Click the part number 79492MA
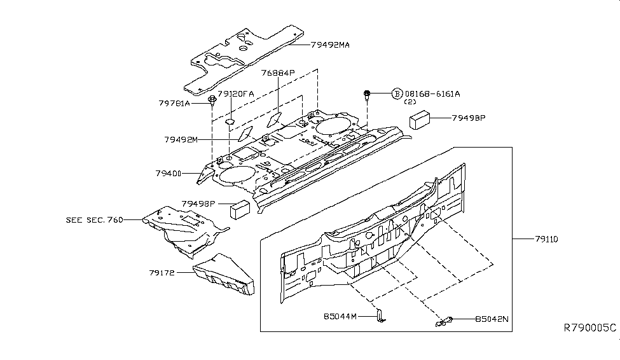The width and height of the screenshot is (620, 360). pyautogui.click(x=331, y=45)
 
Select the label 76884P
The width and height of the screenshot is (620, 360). pyautogui.click(x=279, y=74)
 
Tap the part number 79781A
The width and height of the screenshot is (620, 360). pyautogui.click(x=174, y=102)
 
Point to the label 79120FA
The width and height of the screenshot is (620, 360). pyautogui.click(x=236, y=93)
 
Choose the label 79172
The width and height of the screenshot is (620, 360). pyautogui.click(x=162, y=273)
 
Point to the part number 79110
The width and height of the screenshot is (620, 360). pyautogui.click(x=546, y=240)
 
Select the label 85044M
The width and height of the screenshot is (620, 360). pyautogui.click(x=341, y=316)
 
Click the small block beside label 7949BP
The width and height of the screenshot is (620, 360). pyautogui.click(x=420, y=120)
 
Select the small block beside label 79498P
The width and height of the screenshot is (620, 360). pyautogui.click(x=240, y=208)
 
